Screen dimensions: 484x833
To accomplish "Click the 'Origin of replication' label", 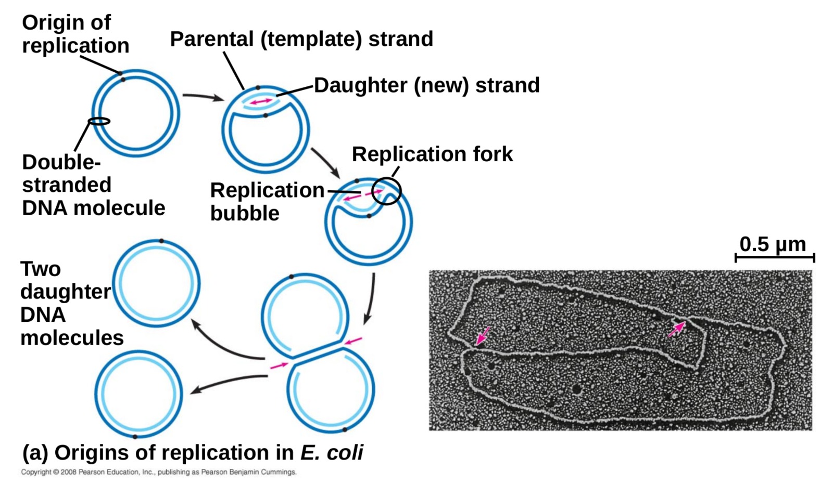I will coord(75,34).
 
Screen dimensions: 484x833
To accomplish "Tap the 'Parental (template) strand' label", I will coord(301,39).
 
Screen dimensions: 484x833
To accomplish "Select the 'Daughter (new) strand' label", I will coord(426,85).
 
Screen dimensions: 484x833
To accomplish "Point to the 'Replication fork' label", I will coord(432,154).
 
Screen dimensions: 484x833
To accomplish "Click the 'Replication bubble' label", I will coord(267,202).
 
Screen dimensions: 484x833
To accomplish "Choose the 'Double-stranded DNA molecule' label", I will coord(93,185).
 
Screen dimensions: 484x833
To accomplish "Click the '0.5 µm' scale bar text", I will coord(773,244).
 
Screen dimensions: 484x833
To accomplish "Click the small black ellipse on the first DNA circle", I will coord(99,121).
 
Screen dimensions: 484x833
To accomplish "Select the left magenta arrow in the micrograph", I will coord(483,335).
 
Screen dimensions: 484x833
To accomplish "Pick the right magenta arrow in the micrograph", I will coord(676,329).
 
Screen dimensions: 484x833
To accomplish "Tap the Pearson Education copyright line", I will coord(159,472).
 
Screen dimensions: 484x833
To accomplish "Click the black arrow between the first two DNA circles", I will coord(203,96).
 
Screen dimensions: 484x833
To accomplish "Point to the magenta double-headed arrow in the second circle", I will coord(261,101).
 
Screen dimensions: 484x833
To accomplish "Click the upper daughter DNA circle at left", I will coord(156,284).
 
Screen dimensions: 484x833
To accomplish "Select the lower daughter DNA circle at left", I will coord(138,394).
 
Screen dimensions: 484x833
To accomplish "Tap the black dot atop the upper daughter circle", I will coord(161,241).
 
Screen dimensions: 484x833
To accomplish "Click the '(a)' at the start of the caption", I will coord(35,453).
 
